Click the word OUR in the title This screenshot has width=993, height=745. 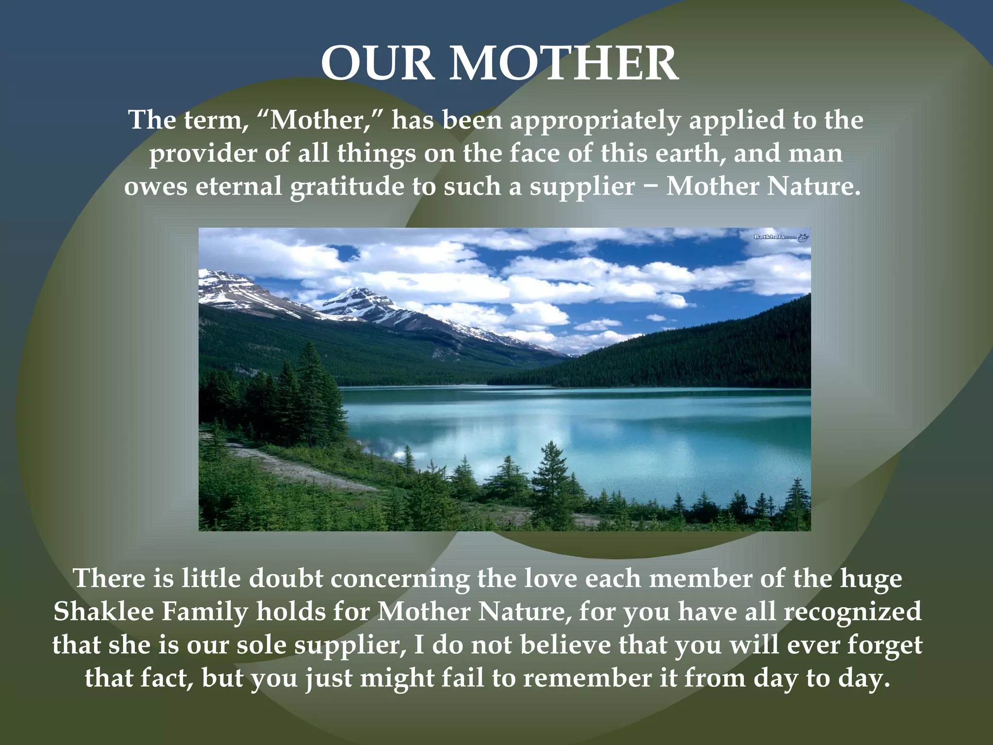coord(377,64)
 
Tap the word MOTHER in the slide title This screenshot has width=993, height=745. coord(563,64)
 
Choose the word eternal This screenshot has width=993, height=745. coord(239,186)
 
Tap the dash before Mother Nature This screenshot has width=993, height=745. coord(650,187)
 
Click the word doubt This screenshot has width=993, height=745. coord(286,579)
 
